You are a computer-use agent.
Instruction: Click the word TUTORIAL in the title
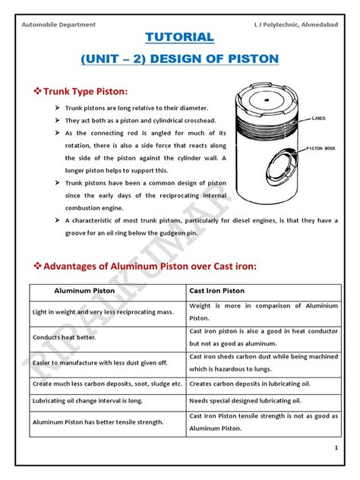coord(180,36)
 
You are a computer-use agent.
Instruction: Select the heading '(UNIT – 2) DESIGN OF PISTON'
coord(180,58)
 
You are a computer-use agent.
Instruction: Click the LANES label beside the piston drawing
coord(319,118)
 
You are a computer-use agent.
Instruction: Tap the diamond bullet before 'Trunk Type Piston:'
coord(38,92)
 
